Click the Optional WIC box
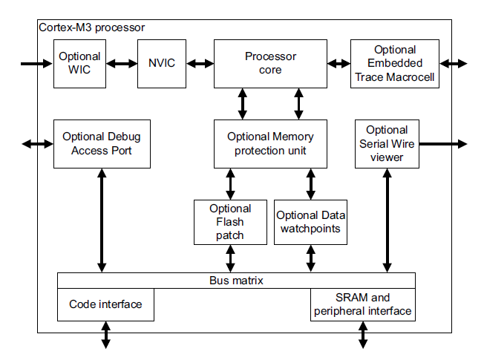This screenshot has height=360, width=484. click(x=79, y=64)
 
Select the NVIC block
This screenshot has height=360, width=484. click(x=162, y=64)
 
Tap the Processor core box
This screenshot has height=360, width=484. click(x=270, y=64)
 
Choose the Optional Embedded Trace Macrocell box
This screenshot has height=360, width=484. click(x=395, y=64)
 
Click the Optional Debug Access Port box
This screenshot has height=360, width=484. click(x=102, y=144)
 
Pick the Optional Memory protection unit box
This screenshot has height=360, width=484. click(x=270, y=144)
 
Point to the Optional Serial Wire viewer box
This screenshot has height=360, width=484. click(x=387, y=144)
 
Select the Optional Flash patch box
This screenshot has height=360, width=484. click(x=230, y=222)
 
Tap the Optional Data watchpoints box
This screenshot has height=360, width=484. click(x=310, y=222)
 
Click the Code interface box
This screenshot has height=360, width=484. click(x=105, y=305)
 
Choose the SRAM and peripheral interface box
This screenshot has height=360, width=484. click(x=363, y=305)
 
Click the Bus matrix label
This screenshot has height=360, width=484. click(x=236, y=281)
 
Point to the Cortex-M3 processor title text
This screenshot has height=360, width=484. click(x=91, y=27)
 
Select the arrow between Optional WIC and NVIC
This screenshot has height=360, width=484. click(x=122, y=64)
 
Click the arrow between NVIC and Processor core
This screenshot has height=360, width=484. click(x=200, y=64)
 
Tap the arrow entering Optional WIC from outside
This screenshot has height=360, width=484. click(x=36, y=64)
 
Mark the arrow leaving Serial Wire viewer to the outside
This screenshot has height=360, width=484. click(x=443, y=144)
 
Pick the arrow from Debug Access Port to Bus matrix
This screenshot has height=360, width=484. click(x=102, y=220)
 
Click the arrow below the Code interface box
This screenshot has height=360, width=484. click(x=106, y=335)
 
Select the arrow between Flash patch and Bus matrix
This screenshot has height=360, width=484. click(x=230, y=259)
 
